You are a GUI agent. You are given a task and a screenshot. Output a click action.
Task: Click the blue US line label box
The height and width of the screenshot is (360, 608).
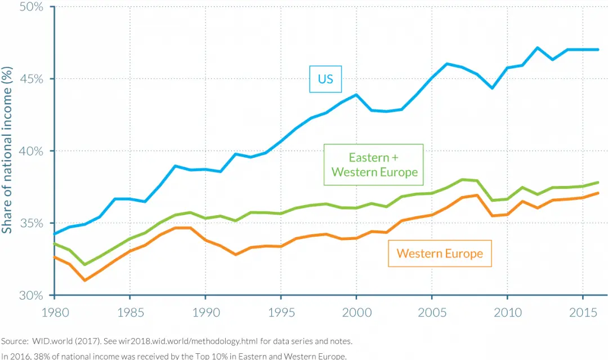[325, 79]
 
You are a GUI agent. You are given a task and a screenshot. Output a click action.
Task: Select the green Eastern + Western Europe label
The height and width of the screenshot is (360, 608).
[374, 165]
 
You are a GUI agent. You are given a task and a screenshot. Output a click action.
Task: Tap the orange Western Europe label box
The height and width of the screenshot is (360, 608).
[439, 253]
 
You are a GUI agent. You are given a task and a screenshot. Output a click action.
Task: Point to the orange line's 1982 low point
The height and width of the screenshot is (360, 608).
[84, 280]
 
